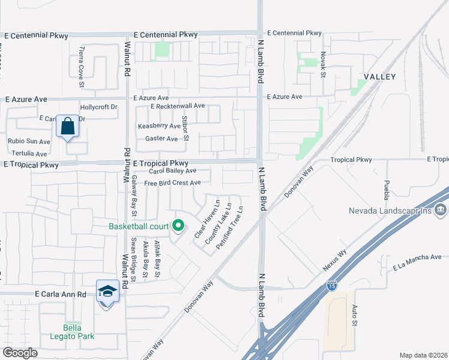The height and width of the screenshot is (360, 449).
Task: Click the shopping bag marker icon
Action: point(67,127)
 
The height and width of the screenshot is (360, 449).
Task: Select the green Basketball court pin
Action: point(178,226)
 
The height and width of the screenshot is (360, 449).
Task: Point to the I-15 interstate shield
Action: point(332,286)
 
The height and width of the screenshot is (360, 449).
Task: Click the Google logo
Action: point(20,352)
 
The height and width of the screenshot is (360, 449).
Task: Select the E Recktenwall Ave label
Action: point(178,106)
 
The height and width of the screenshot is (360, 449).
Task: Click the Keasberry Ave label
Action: point(159,126)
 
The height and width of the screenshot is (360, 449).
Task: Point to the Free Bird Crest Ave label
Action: point(172,182)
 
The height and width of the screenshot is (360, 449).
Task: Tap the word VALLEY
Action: point(379,77)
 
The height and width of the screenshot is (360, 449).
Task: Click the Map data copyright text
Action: point(423,355)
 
